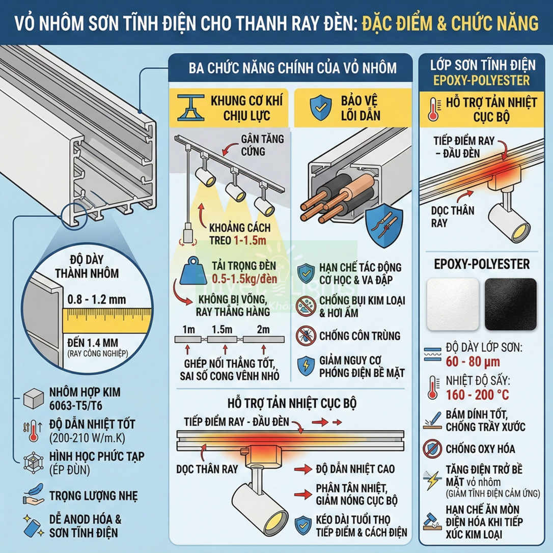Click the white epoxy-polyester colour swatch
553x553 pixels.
tap(453, 304)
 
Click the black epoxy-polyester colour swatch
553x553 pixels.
tap(510, 304)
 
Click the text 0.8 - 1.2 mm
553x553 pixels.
tap(96, 299)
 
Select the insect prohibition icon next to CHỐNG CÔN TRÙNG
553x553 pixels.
tap(306, 336)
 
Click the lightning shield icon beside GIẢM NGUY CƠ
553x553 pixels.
tap(306, 366)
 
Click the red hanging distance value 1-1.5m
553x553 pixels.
tap(253, 241)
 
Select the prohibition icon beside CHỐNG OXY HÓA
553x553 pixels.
tap(432, 449)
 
